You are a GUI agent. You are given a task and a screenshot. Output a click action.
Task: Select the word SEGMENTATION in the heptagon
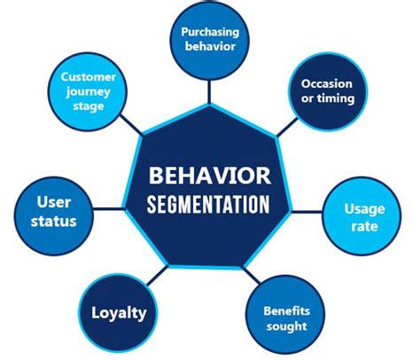[x=210, y=204]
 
